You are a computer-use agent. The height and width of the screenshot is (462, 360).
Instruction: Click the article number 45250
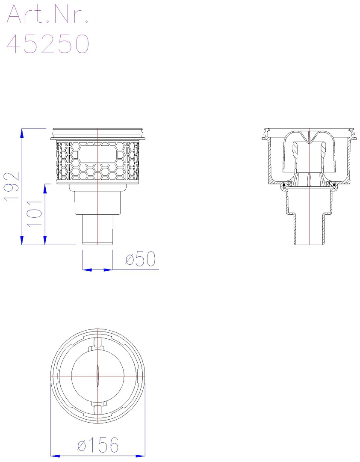[x=48, y=44]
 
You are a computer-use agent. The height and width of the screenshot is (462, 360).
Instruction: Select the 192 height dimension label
[x=12, y=187]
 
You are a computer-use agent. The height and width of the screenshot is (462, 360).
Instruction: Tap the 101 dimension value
[x=35, y=213]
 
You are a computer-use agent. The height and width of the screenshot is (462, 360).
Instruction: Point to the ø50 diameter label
[x=140, y=259]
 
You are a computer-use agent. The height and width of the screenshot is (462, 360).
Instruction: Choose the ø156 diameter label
[x=98, y=445]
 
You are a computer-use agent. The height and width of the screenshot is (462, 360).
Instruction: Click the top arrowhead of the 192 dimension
[x=22, y=133]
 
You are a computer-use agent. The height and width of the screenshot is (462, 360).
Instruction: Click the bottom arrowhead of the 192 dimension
[x=22, y=240]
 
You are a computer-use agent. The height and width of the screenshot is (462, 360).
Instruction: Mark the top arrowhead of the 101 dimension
[x=45, y=189]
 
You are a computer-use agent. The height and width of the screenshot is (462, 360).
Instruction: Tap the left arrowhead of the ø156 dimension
[x=55, y=456]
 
